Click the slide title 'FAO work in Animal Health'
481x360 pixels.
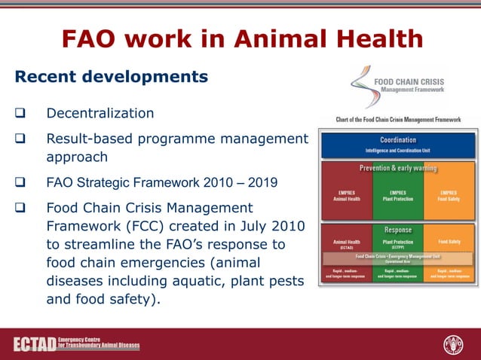241,39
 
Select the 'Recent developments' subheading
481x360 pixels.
112,77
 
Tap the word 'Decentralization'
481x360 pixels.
100,113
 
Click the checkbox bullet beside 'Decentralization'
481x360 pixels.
20,114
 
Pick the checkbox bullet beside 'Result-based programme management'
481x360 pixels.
20,139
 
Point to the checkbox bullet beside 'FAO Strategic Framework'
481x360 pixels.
20,182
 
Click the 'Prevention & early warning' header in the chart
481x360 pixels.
397,168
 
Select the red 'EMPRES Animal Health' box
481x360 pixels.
347,196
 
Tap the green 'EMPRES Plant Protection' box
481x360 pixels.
397,196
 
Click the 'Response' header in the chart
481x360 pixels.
397,229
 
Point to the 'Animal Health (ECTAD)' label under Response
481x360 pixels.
347,244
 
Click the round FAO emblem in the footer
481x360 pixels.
453,345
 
